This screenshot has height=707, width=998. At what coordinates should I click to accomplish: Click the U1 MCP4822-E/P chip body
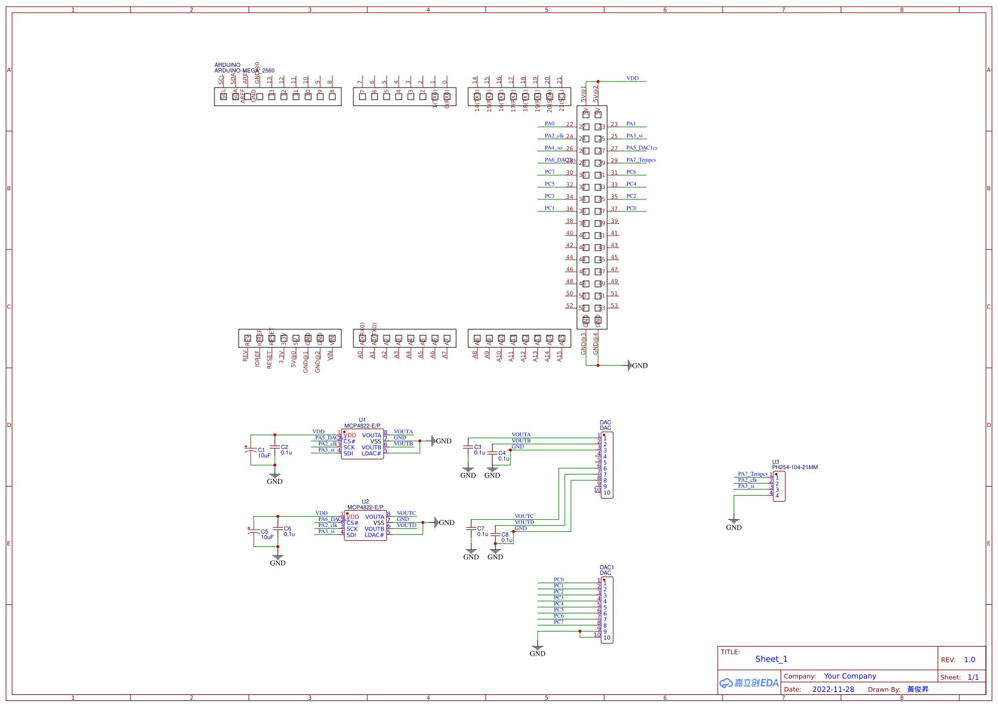point(362,444)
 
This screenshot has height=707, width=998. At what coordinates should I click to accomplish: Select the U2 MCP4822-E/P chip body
point(365,526)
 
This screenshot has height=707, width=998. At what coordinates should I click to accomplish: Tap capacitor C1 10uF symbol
point(251,449)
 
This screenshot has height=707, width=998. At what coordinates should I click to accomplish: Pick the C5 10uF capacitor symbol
point(254,531)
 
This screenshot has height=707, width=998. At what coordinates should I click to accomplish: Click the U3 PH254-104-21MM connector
point(779,486)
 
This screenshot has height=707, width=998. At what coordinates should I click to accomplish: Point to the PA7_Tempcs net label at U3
point(753,474)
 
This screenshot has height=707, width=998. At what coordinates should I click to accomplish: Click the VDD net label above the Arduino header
point(632,78)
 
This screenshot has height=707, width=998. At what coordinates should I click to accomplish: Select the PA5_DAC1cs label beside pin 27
point(642,148)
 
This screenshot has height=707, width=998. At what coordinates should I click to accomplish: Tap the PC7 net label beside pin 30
point(550,172)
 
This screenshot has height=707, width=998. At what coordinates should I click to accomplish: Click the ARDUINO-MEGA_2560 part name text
point(244,71)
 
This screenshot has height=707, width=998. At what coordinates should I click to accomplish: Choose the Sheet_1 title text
point(771,659)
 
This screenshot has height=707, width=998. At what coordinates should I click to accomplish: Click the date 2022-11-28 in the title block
point(833,689)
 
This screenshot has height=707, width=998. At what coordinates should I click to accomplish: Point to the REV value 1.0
point(970,660)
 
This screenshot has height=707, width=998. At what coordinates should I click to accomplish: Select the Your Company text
point(849,676)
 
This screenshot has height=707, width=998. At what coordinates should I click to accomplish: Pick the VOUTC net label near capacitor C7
point(524,516)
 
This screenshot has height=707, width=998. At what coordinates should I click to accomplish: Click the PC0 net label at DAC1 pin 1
point(559,580)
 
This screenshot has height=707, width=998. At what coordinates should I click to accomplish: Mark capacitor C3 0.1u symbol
point(468,447)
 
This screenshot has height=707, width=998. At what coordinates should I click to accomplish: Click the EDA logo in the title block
point(749,683)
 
